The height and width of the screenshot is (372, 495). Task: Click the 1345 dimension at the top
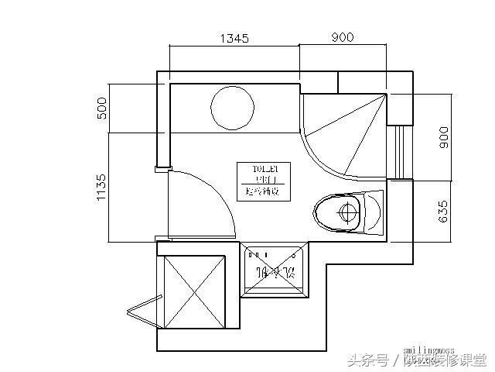(x=234, y=38)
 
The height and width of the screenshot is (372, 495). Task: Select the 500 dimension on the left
(x=101, y=108)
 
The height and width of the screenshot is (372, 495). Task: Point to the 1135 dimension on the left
(x=101, y=187)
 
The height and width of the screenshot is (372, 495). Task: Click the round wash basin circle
(x=231, y=108)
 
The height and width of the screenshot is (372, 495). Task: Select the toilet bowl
(x=341, y=211)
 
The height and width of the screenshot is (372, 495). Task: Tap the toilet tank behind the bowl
(x=374, y=212)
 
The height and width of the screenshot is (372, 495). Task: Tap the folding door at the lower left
(x=145, y=310)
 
